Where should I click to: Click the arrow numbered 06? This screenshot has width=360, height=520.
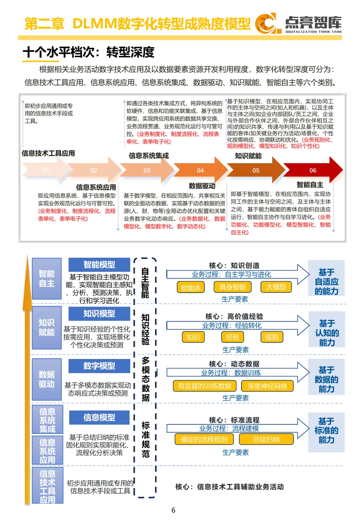click(313, 170)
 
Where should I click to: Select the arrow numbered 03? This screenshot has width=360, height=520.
click(147, 170)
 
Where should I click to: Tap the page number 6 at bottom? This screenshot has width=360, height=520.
click(173, 510)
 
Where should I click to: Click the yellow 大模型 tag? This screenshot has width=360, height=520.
click(276, 287)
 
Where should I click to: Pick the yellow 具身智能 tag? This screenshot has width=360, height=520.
click(233, 287)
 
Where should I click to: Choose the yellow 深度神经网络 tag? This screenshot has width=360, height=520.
click(267, 386)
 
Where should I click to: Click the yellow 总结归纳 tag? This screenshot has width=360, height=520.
click(266, 439)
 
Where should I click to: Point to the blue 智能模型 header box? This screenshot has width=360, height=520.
click(99, 265)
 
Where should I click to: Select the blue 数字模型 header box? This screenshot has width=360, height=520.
click(99, 366)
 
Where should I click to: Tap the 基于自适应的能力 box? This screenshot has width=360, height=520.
click(326, 282)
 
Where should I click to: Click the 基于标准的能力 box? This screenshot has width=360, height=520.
click(326, 431)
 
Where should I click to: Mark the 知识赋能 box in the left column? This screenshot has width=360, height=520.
click(47, 327)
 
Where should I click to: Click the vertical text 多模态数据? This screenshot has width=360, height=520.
click(145, 379)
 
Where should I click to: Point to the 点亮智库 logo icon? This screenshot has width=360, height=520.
click(266, 23)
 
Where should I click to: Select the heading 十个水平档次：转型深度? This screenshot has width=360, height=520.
click(89, 52)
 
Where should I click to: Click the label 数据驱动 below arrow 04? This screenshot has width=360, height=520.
click(202, 186)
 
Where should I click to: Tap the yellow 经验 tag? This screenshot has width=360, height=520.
click(233, 337)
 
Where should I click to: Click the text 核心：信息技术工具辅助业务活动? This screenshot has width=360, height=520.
click(230, 487)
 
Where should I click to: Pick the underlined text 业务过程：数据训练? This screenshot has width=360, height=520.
click(231, 373)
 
